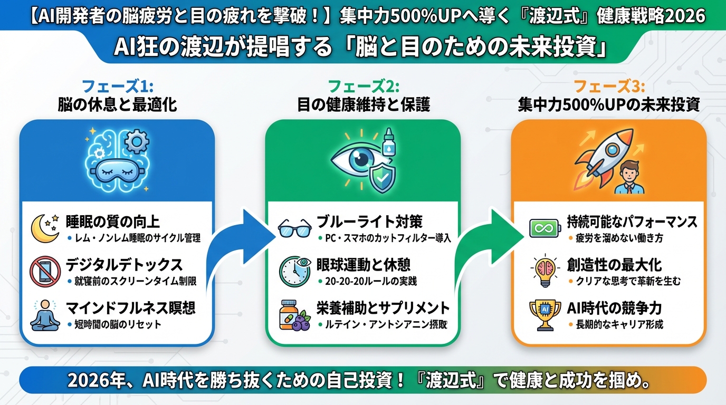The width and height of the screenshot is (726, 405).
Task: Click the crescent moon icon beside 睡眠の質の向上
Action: tap(44, 227)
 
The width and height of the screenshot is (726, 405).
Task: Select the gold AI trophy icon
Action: tap(544, 314)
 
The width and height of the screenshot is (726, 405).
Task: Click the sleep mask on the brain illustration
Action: tap(116, 170)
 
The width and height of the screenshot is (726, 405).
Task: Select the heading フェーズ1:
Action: tap(117, 86)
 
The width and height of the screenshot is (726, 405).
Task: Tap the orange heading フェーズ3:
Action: tap(609, 86)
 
